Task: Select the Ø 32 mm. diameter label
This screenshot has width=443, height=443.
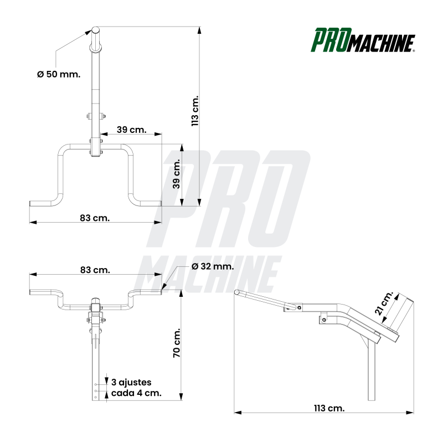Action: [213, 266]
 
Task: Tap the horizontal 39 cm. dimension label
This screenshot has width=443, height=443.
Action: [131, 130]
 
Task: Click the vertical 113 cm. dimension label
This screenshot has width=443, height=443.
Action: [194, 111]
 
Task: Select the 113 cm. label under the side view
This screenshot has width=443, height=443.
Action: [329, 408]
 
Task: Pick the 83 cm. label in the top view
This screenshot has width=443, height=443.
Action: [95, 218]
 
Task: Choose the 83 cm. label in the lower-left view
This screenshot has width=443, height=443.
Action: [95, 270]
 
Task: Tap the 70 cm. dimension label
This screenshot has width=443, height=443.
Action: [177, 344]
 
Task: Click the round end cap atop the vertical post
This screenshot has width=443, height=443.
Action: [95, 30]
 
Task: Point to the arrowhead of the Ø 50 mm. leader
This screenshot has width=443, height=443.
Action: [90, 33]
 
